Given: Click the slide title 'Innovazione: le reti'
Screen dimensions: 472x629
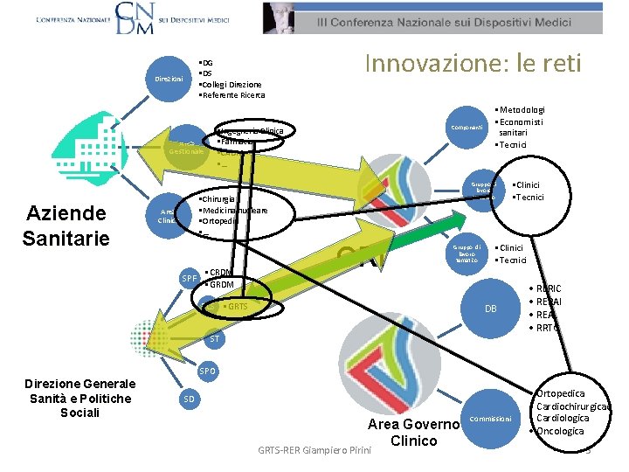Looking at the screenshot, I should (x=472, y=64).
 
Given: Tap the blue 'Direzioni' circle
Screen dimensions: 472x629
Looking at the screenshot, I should (x=168, y=79).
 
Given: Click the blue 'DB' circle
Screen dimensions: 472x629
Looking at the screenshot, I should (x=492, y=309).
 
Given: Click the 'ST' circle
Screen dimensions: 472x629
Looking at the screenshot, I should (x=214, y=338).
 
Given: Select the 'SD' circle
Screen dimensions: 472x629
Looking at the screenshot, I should (x=190, y=399).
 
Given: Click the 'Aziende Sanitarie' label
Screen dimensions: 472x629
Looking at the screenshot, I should (x=66, y=225).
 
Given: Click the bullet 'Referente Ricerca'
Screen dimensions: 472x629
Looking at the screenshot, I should (x=232, y=95).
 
